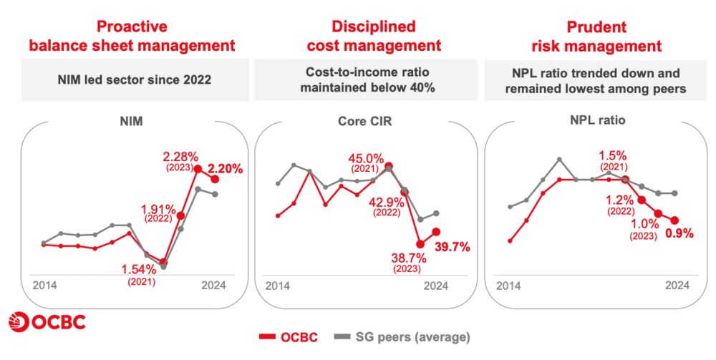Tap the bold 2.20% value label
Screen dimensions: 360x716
[226, 169]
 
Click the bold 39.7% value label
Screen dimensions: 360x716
[452, 247]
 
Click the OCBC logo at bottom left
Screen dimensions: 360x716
[47, 322]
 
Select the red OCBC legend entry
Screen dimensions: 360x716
[289, 336]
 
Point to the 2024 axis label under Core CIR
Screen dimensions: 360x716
[436, 285]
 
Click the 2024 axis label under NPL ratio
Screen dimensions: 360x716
[677, 285]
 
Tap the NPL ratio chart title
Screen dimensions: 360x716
[600, 120]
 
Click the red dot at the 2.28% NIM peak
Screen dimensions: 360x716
[198, 170]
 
